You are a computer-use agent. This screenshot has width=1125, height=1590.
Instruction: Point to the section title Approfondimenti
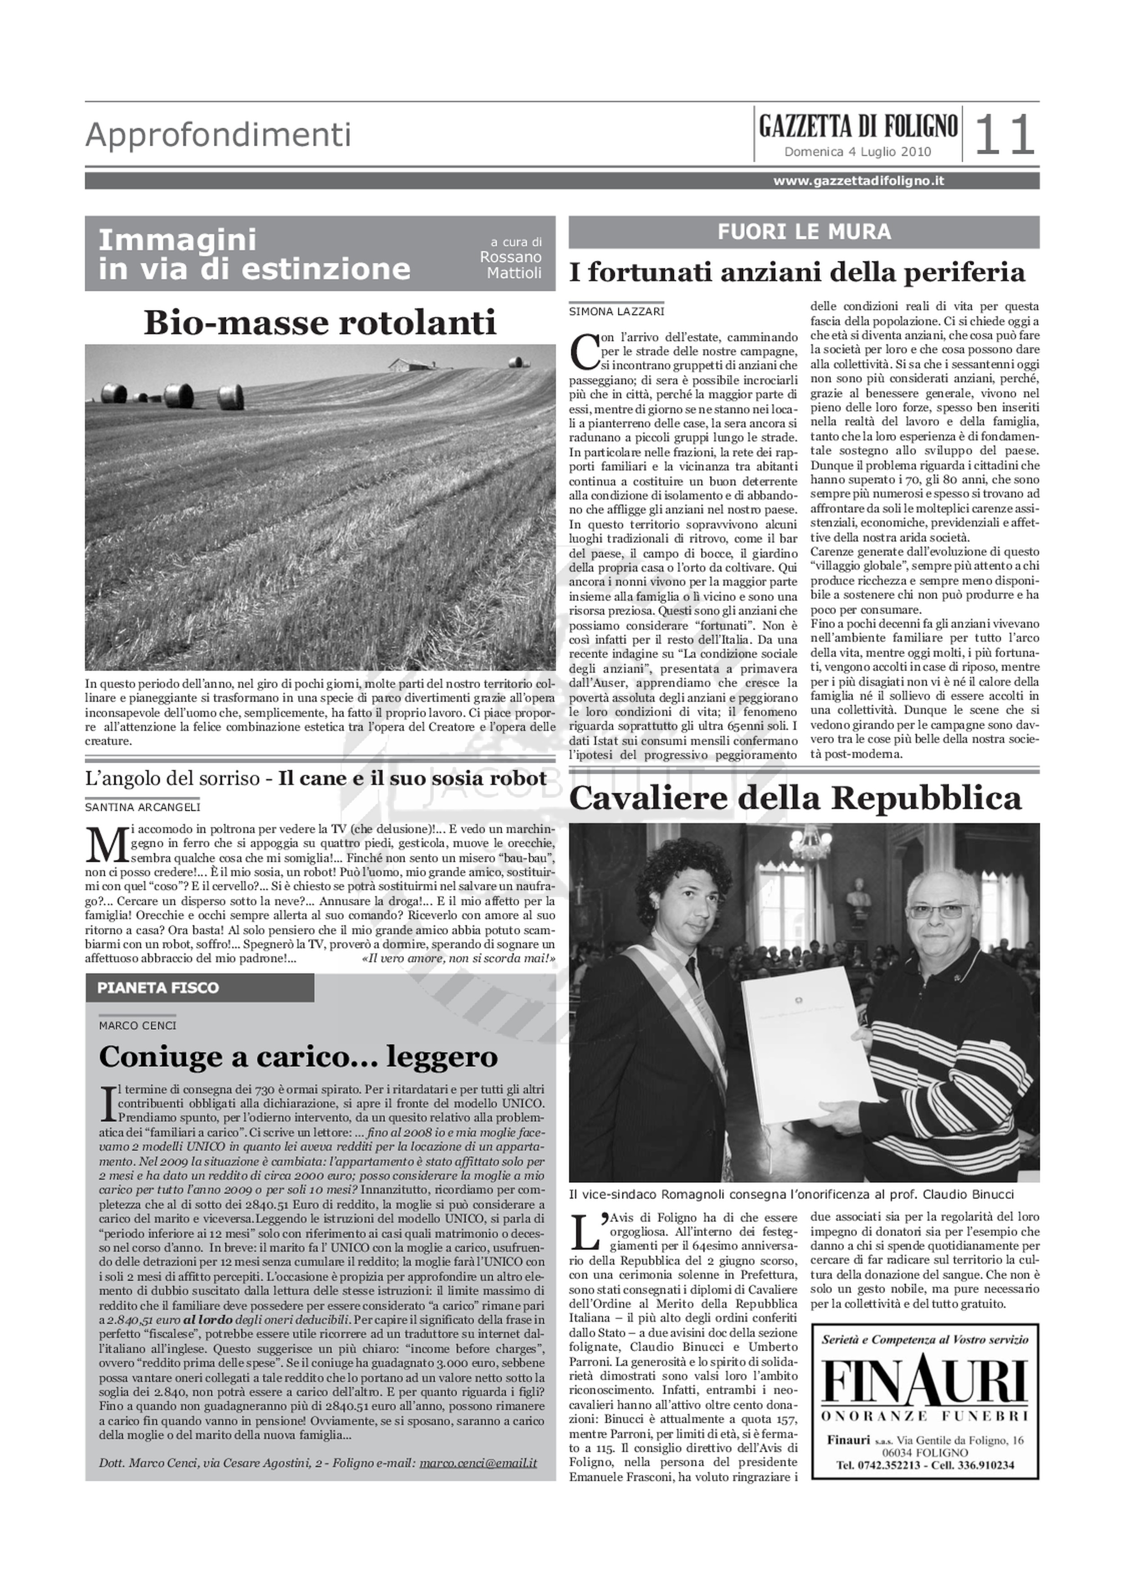pos(218,135)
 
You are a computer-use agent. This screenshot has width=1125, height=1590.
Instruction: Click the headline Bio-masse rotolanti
pos(319,322)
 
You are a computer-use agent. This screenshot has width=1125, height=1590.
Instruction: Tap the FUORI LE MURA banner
pos(804,232)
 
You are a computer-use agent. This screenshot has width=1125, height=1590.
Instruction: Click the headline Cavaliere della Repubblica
pos(795,798)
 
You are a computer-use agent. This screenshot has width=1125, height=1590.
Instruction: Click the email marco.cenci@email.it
pos(478,1463)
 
